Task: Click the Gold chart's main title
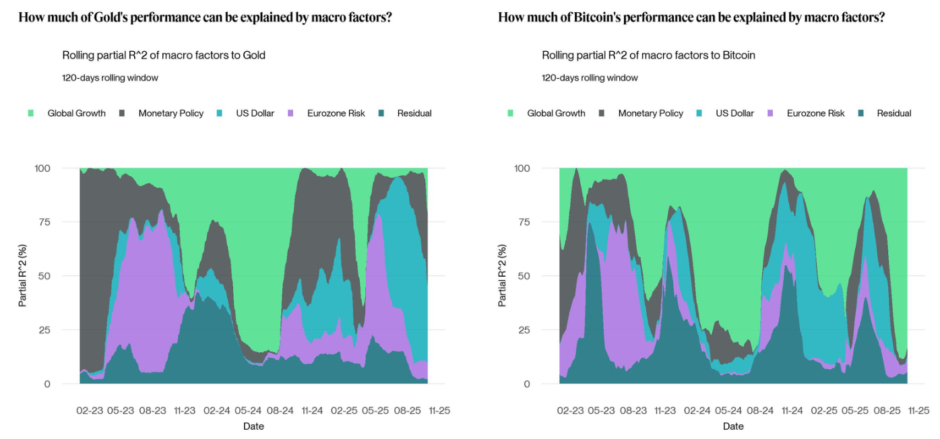pyautogui.click(x=205, y=18)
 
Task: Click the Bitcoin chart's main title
pyautogui.click(x=691, y=18)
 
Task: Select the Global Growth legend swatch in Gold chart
pyautogui.click(x=30, y=113)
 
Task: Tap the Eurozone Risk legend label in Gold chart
pyautogui.click(x=336, y=113)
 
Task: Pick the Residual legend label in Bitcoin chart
pyautogui.click(x=894, y=113)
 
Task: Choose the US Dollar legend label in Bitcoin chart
pyautogui.click(x=734, y=113)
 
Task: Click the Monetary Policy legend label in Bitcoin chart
pyautogui.click(x=650, y=113)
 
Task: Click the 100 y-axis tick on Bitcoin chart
pyautogui.click(x=522, y=168)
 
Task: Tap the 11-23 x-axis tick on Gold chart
pyautogui.click(x=185, y=410)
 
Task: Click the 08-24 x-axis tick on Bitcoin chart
pyautogui.click(x=760, y=410)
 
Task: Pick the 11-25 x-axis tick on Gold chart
pyautogui.click(x=439, y=410)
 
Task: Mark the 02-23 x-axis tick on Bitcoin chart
pyautogui.click(x=570, y=410)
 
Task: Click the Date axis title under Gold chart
pyautogui.click(x=253, y=426)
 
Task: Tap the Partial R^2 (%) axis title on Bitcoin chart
pyautogui.click(x=502, y=275)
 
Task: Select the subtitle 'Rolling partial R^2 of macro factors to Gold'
pyautogui.click(x=164, y=55)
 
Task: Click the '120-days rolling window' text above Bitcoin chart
pyautogui.click(x=590, y=77)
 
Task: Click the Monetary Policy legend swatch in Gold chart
pyautogui.click(x=121, y=113)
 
